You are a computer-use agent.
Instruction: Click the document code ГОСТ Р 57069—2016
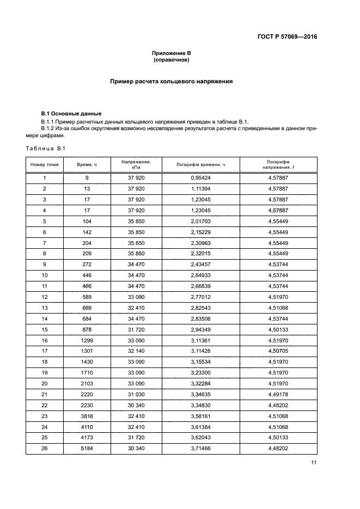(x=288, y=37)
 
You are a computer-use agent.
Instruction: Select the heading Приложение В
(x=171, y=53)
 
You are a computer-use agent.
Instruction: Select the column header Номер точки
(x=45, y=164)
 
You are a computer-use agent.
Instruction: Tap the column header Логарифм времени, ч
(x=200, y=164)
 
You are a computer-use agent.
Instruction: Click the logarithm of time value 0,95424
(x=200, y=177)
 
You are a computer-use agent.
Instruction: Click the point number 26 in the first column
(x=45, y=449)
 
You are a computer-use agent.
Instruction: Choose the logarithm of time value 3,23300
(x=200, y=373)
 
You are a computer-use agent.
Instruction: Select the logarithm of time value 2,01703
(x=200, y=221)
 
